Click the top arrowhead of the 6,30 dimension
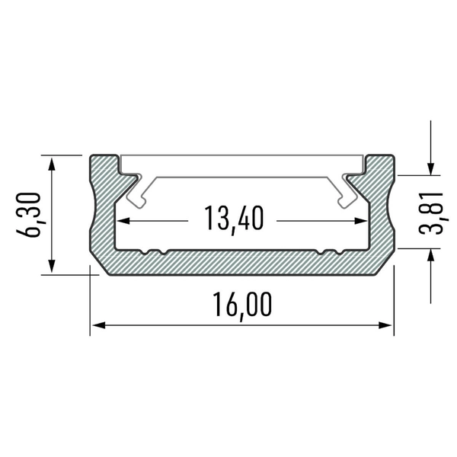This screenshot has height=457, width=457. [52, 163]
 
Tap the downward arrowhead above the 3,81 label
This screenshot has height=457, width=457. [432, 168]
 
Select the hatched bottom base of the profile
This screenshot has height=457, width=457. [241, 263]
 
